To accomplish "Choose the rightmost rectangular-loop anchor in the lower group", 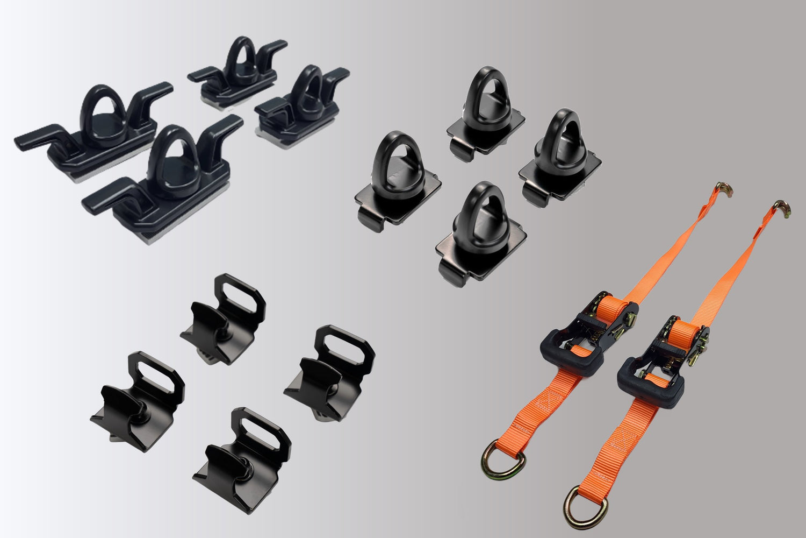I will point(329,371).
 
